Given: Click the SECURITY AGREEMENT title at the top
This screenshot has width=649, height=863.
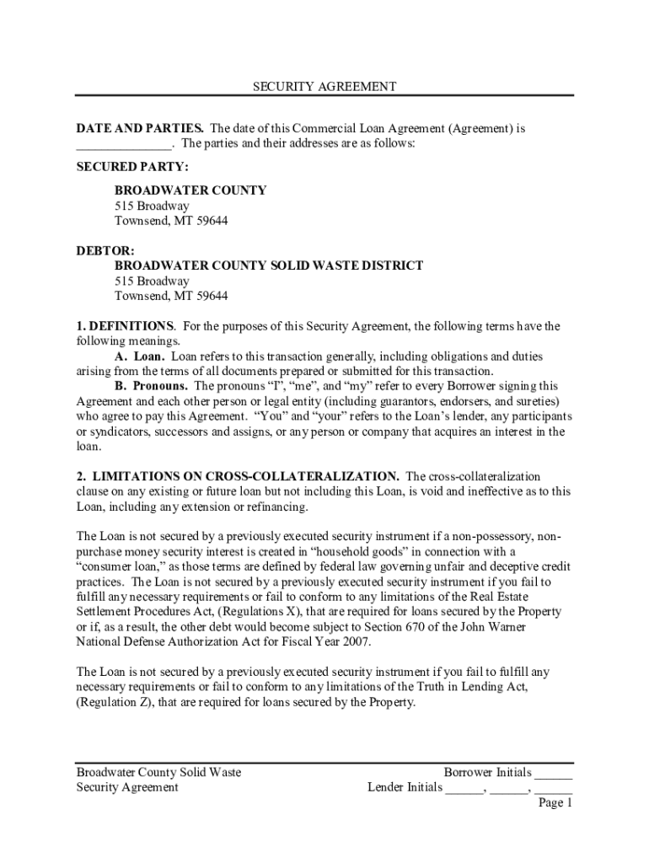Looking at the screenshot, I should click(324, 87).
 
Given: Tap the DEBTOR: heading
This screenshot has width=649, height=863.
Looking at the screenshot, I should click(99, 250).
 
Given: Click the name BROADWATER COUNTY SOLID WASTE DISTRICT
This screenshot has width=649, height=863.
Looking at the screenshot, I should click(269, 265).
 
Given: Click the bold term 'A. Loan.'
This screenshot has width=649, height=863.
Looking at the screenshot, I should click(140, 356).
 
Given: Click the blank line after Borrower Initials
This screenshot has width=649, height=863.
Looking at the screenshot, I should click(554, 774).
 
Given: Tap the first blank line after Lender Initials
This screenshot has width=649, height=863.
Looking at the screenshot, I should click(464, 789).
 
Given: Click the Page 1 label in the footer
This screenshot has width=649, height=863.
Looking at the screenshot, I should click(555, 803).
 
